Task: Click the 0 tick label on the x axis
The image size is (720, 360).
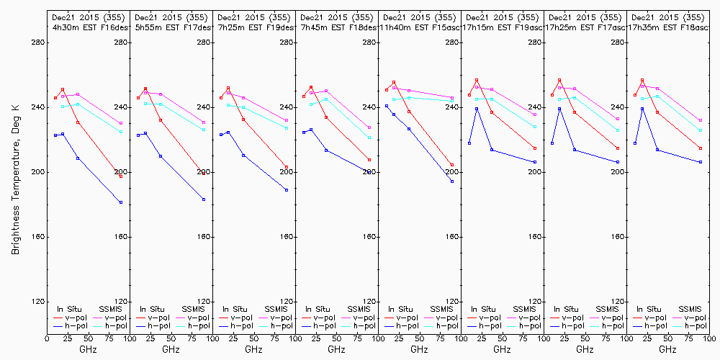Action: click(x=47, y=338)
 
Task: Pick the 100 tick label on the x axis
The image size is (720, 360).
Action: click(x=708, y=338)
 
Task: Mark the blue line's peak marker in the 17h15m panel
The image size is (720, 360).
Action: click(x=477, y=109)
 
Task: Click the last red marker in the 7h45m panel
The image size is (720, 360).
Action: click(x=369, y=160)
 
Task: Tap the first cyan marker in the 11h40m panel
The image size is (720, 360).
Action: click(x=394, y=99)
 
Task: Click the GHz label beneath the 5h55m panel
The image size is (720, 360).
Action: click(x=171, y=349)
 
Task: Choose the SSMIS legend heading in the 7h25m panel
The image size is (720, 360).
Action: click(x=276, y=309)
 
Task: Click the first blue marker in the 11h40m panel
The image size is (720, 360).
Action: click(x=387, y=106)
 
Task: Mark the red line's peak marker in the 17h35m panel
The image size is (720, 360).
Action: click(x=642, y=80)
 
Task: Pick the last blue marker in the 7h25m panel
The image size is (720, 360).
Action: click(x=287, y=190)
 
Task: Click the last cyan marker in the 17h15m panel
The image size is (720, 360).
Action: click(x=535, y=127)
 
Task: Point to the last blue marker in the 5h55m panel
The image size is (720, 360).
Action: click(x=204, y=199)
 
